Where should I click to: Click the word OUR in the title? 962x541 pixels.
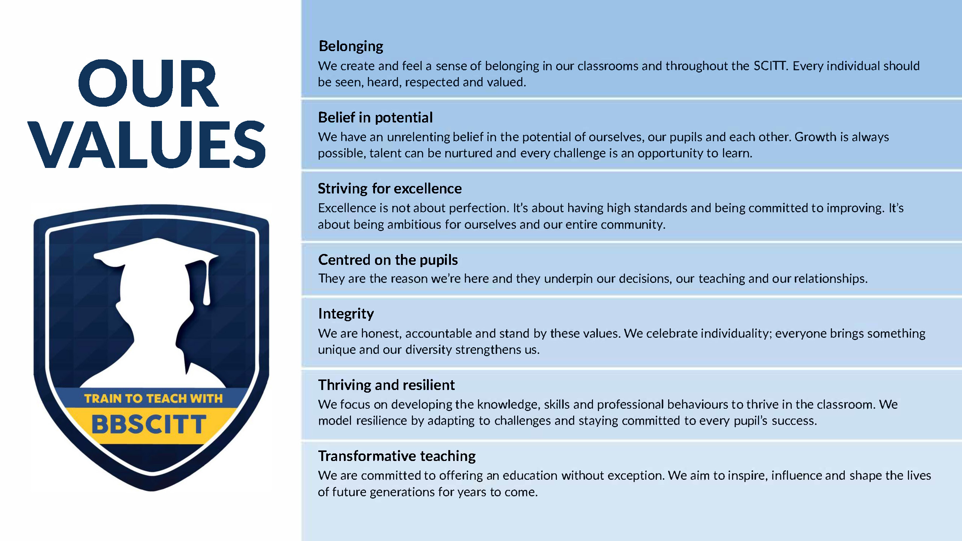[148, 83]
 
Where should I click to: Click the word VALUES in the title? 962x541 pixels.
[147, 144]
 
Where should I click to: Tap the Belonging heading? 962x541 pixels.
[351, 46]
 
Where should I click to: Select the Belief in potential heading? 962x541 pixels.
[375, 117]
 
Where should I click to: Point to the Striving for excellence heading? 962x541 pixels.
[390, 188]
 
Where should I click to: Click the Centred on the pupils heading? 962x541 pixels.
[388, 260]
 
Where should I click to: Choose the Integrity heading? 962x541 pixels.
[346, 314]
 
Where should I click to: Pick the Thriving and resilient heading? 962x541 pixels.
[386, 385]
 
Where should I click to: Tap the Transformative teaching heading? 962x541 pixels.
[397, 456]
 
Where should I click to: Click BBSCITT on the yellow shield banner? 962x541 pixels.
[149, 424]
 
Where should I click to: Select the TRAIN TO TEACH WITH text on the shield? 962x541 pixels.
[153, 398]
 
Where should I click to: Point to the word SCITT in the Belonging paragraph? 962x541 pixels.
[770, 66]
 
